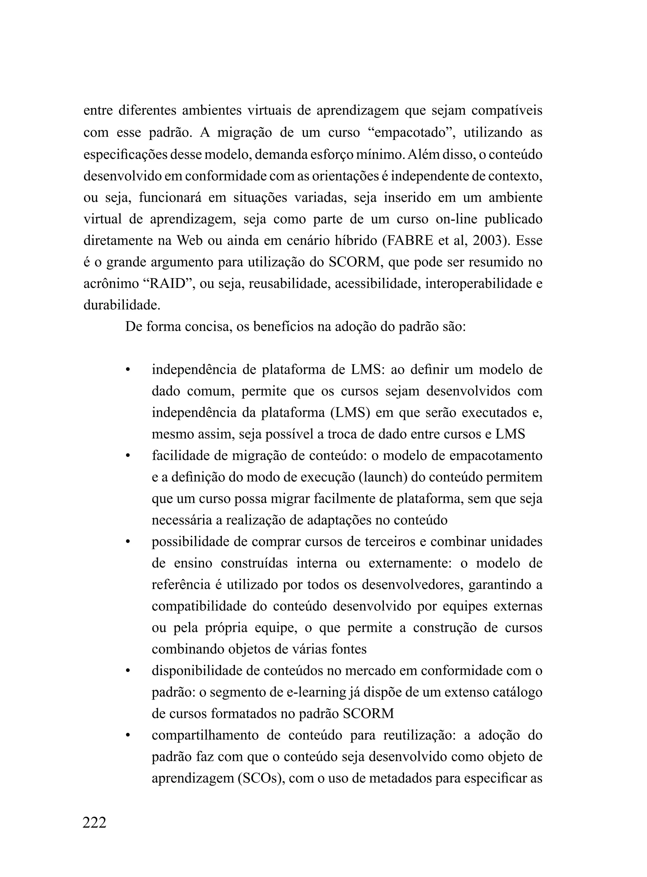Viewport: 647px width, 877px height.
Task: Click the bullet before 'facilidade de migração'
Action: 127,456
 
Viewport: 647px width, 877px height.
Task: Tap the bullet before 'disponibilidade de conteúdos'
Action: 127,671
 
